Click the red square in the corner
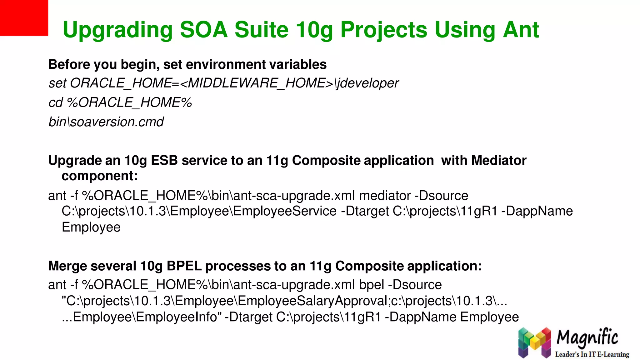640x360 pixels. click(24, 18)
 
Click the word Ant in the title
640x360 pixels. click(521, 30)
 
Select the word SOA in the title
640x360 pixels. click(203, 30)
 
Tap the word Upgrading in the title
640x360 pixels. click(117, 31)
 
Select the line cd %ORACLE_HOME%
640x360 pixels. click(120, 103)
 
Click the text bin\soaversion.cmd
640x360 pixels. click(106, 122)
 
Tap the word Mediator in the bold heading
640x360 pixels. click(499, 161)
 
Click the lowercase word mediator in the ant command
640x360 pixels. click(385, 196)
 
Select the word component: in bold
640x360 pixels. click(100, 176)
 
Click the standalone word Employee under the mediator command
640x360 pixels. click(91, 227)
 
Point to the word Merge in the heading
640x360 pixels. click(67, 266)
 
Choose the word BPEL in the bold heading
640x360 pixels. click(184, 266)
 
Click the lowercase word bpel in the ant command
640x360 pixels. click(372, 285)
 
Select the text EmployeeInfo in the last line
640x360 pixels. click(177, 317)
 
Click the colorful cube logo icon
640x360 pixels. click(534, 342)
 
